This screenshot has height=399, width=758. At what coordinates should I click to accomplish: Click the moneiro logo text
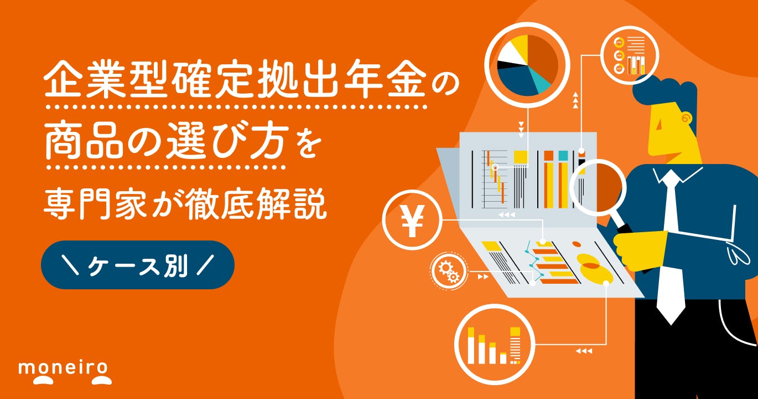point(65,367)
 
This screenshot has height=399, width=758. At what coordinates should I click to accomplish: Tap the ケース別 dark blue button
point(138,265)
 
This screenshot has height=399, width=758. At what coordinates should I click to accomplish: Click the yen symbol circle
point(412,221)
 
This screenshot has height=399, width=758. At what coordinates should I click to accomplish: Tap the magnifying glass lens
point(598,187)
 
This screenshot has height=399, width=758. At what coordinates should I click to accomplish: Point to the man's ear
point(686,118)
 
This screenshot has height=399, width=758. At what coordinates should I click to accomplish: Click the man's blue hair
point(664,91)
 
